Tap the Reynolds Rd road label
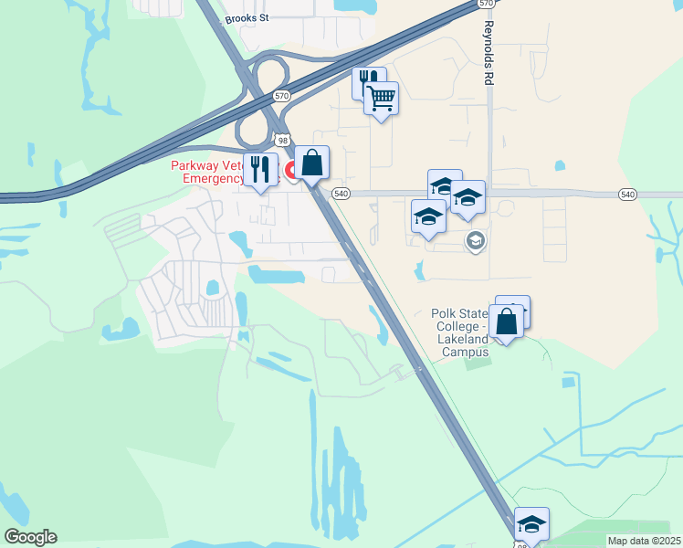point(489,53)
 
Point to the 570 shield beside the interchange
point(281,95)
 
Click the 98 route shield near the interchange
point(283,140)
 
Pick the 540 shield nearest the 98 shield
point(341,194)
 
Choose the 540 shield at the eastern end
point(627,195)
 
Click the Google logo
point(29,537)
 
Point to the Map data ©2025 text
point(643,541)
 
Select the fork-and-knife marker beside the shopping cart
point(368,82)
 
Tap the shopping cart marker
point(382,98)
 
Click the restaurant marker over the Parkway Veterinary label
point(260,169)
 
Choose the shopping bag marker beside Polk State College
point(506,321)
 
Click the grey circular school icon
point(475,241)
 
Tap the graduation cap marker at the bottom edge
point(531,524)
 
